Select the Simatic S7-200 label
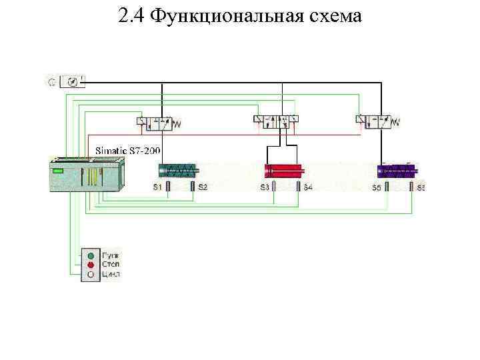pos(127,151)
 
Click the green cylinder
pos(177,170)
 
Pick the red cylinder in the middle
pos(283,170)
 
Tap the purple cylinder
pos(396,170)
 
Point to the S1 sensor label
pos(158,187)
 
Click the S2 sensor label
pos(202,187)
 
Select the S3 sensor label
pos(265,187)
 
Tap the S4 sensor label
pos(308,187)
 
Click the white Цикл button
pos(91,274)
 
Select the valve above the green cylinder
pos(155,122)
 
